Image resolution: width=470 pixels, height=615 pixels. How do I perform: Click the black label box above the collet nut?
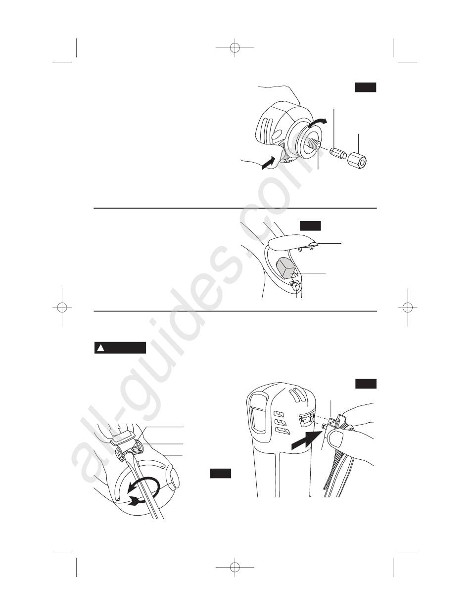point(366,87)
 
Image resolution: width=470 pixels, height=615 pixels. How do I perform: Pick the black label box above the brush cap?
point(310,226)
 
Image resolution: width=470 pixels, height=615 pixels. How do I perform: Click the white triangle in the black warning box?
point(100,348)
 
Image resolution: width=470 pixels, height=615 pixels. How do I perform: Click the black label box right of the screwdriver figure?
point(220,473)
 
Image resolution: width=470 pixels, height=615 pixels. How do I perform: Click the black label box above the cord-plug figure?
point(366,384)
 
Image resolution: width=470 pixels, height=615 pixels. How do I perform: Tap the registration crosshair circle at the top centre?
point(235,48)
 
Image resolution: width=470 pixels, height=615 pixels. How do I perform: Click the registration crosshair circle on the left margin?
point(62,307)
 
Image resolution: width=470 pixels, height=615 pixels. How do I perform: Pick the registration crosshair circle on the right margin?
point(408,307)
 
